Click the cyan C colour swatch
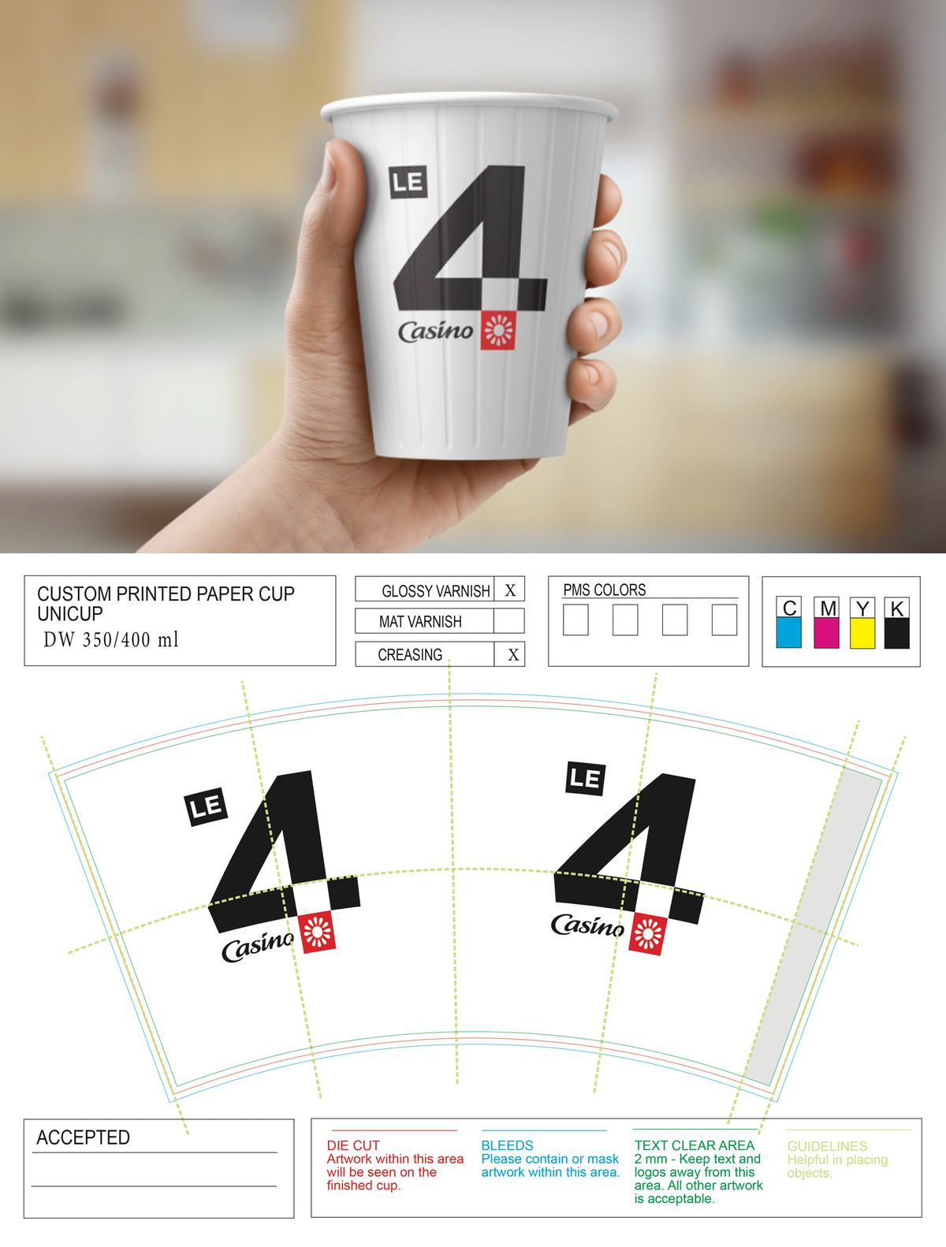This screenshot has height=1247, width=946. pyautogui.click(x=788, y=632)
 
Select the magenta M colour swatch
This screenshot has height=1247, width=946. pyautogui.click(x=826, y=632)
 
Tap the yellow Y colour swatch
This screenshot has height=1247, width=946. pyautogui.click(x=862, y=632)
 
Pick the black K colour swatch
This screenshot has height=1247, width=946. pyautogui.click(x=896, y=632)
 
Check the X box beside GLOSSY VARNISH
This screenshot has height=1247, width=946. pyautogui.click(x=509, y=589)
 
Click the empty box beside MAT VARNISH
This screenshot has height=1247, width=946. pyautogui.click(x=509, y=621)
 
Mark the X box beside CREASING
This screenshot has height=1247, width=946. pyautogui.click(x=509, y=654)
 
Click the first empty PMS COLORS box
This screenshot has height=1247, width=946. pyautogui.click(x=575, y=620)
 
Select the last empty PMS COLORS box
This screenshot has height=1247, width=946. pyautogui.click(x=724, y=620)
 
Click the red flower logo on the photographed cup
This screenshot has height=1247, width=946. pyautogui.click(x=497, y=330)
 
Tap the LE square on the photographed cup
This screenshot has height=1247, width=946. pyautogui.click(x=408, y=182)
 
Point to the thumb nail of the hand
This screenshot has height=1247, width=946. pyautogui.click(x=329, y=168)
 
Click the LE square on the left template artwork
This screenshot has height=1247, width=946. pyautogui.click(x=206, y=806)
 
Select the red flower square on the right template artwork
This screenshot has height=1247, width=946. pyautogui.click(x=648, y=934)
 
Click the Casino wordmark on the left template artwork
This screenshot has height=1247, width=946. pyautogui.click(x=257, y=947)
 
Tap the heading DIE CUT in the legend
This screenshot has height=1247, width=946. pyautogui.click(x=353, y=1145)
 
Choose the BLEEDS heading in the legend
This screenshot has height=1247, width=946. pyautogui.click(x=507, y=1145)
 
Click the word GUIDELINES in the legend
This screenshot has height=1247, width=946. pyautogui.click(x=827, y=1146)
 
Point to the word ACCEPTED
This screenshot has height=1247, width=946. pyautogui.click(x=83, y=1137)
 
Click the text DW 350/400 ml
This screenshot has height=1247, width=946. pyautogui.click(x=111, y=640)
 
